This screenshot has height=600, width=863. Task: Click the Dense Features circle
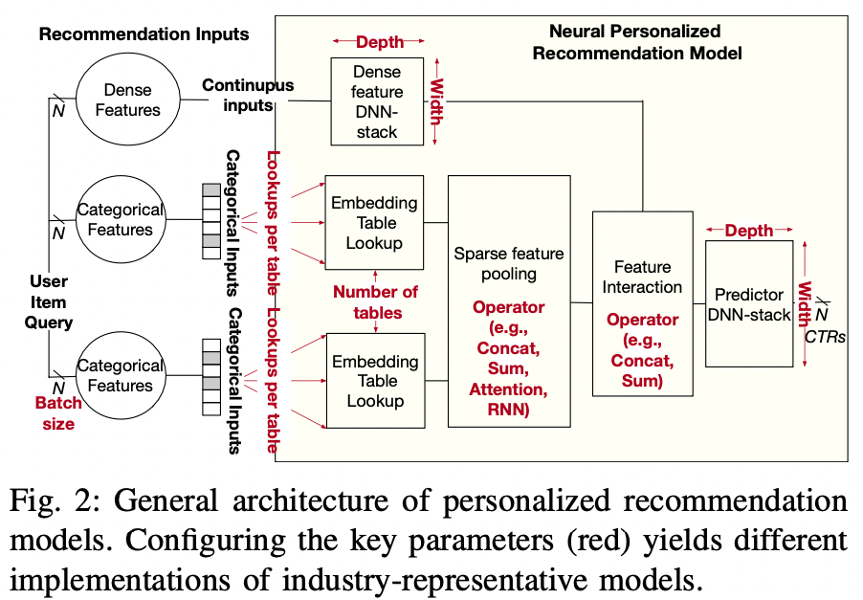[x=127, y=99]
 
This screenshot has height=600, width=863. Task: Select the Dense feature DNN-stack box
[x=377, y=101]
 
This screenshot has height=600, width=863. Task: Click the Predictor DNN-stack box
[x=749, y=303]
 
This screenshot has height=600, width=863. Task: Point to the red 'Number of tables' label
[x=376, y=302]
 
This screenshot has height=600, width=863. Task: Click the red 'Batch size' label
[x=58, y=413]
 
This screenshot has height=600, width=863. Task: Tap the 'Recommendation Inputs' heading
[x=144, y=34]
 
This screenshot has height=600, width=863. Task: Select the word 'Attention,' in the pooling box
[x=508, y=389]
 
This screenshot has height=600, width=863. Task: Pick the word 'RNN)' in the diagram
[x=508, y=411]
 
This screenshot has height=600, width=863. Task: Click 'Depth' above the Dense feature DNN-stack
[x=380, y=41]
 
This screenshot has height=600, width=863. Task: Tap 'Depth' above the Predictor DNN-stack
[x=749, y=231]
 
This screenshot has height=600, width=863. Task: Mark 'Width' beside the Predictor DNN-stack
[x=804, y=303]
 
